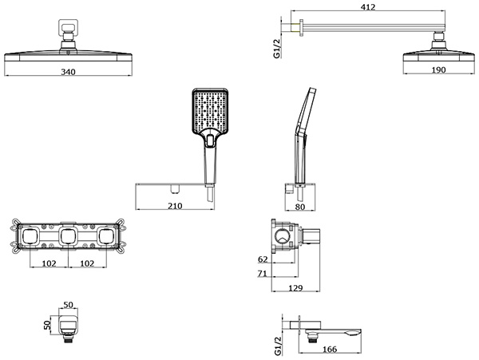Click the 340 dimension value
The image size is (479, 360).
(68, 72)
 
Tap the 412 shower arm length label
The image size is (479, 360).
(368, 7)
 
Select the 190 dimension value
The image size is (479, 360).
(438, 70)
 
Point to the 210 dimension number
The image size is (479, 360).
(175, 206)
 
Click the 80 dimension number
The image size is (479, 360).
(300, 207)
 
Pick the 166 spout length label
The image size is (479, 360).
(330, 349)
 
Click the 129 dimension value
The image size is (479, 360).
(295, 288)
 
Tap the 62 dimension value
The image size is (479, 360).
(263, 259)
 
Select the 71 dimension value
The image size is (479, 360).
(262, 274)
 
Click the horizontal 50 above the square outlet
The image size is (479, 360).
(69, 305)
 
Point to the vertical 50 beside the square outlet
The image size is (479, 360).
(47, 325)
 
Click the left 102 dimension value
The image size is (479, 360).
(49, 263)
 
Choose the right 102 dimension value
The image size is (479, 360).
(87, 263)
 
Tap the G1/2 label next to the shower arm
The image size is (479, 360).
(277, 49)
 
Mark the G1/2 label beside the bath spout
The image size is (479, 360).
(277, 346)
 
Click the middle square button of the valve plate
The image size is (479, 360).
(68, 236)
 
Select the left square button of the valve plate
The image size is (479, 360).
(30, 236)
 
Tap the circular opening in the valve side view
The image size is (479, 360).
(283, 236)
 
